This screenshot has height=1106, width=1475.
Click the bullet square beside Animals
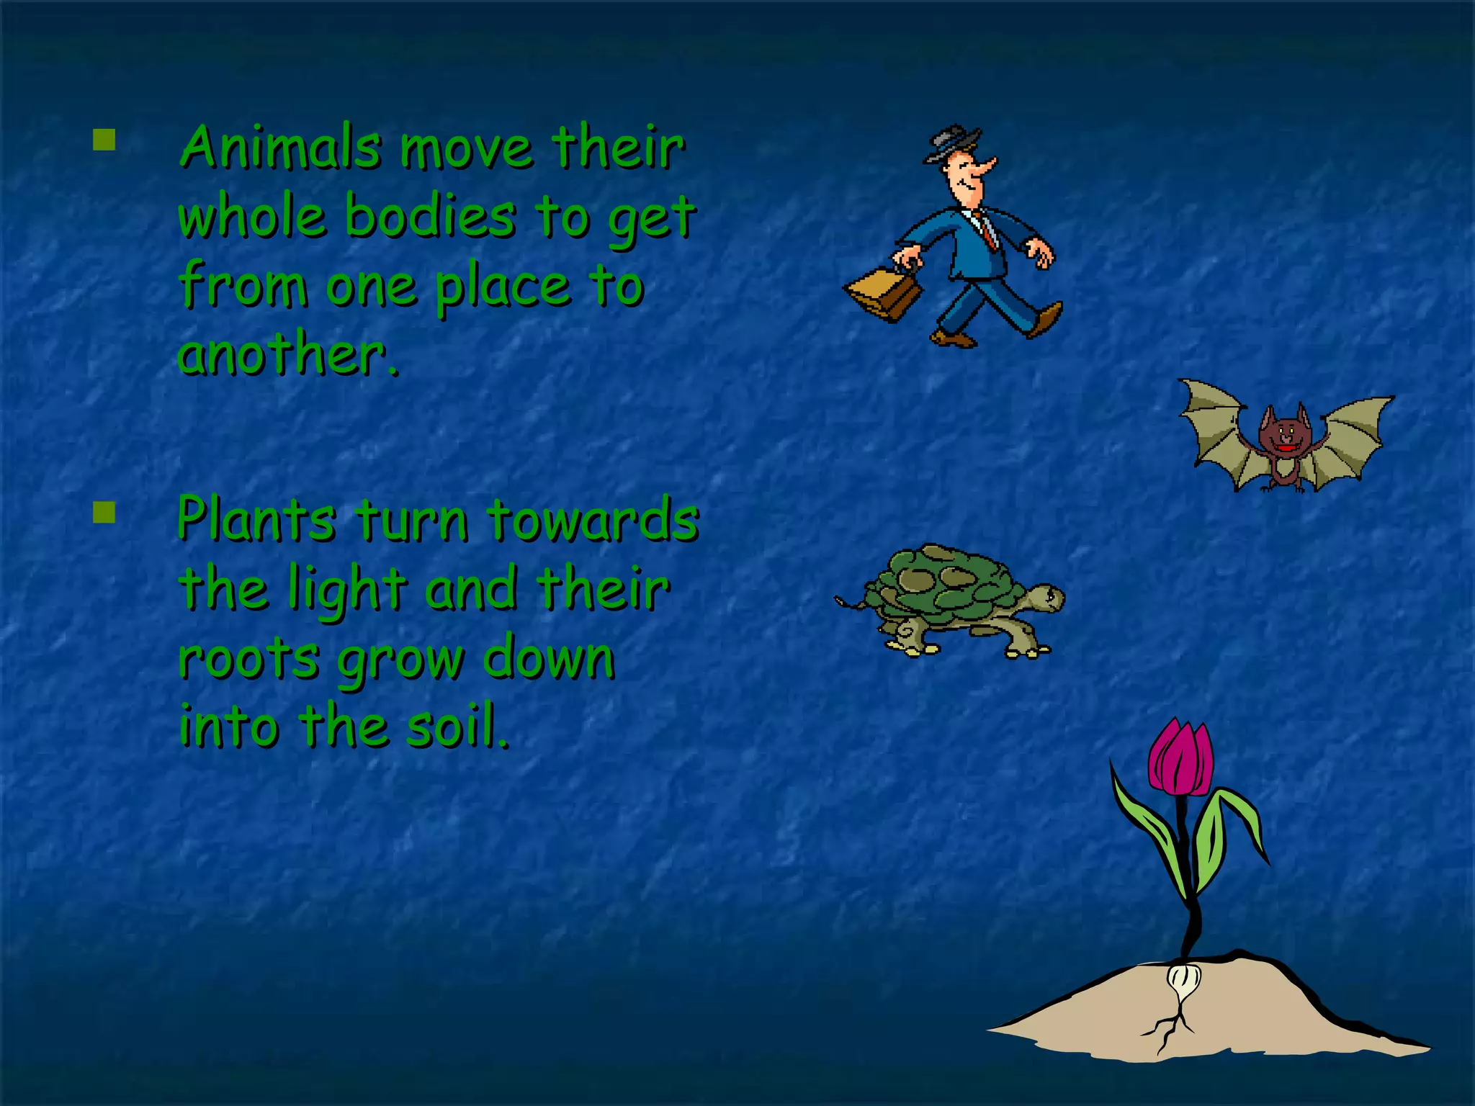104,140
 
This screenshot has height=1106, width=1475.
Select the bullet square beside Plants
104,512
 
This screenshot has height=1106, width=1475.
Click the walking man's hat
952,143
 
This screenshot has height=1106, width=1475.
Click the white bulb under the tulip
1181,980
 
